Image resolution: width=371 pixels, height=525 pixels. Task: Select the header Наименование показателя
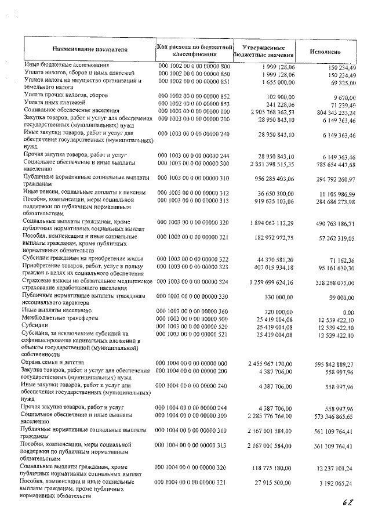pos(90,50)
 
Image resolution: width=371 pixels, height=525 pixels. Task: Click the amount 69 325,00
pos(341,84)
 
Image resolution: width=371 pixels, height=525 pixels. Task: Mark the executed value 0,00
pos(348,312)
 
